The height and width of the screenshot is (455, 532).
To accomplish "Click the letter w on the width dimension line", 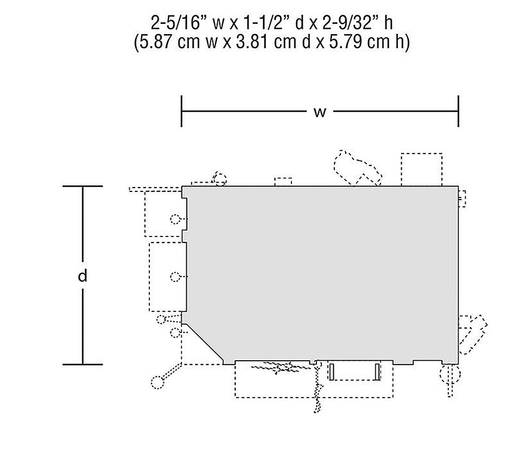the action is pos(320,112).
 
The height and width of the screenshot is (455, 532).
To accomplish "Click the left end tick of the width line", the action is pos(181,111).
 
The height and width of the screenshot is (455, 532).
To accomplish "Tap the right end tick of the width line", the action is pos(458,111).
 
